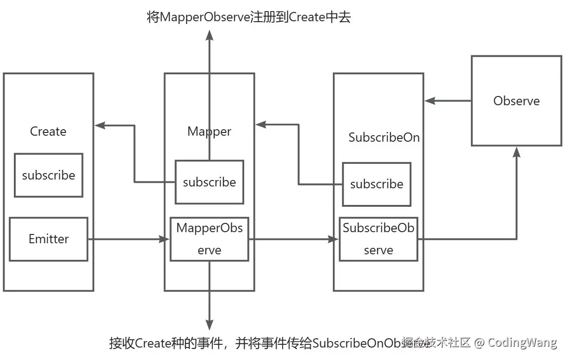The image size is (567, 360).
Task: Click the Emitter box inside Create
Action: [x=48, y=239]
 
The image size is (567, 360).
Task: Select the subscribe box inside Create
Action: [x=48, y=175]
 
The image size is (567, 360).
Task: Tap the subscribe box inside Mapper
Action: [x=209, y=182]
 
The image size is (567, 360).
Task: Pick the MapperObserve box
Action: [x=209, y=239]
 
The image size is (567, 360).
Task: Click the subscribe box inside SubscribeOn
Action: [x=376, y=184]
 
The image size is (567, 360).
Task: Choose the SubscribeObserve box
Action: [x=378, y=239]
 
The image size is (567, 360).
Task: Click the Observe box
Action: [x=516, y=101]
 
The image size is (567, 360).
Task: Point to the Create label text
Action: [x=48, y=132]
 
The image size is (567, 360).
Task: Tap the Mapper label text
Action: [x=209, y=132]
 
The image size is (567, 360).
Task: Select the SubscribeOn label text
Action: [x=384, y=138]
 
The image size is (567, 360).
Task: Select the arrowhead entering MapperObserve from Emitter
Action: [x=164, y=239]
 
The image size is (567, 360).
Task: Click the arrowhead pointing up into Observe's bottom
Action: [x=516, y=153]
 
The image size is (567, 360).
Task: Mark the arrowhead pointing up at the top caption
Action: [x=209, y=36]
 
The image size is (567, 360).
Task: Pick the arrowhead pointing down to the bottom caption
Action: [x=209, y=324]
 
